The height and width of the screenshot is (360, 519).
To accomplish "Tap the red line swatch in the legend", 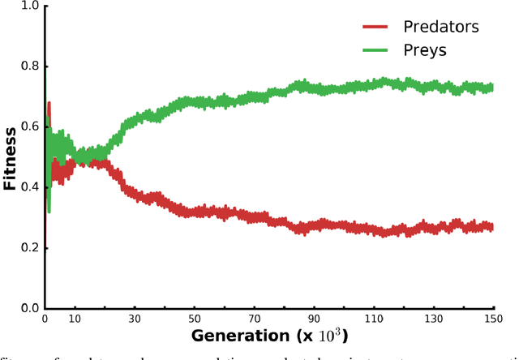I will pyautogui.click(x=378, y=28).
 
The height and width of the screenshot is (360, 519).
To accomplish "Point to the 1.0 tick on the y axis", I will pyautogui.click(x=29, y=6).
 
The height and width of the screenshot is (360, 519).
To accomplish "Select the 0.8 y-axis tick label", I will pyautogui.click(x=29, y=66).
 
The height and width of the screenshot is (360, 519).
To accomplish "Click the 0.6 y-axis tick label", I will pyautogui.click(x=29, y=127).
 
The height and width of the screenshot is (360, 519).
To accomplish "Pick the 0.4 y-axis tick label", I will pyautogui.click(x=29, y=187).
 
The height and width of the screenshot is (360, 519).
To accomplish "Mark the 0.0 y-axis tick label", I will pyautogui.click(x=29, y=308).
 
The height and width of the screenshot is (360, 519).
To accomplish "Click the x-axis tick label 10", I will pyautogui.click(x=75, y=319).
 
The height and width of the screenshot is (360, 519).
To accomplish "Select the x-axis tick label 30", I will pyautogui.click(x=135, y=319).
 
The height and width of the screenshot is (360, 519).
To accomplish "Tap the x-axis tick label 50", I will pyautogui.click(x=195, y=319).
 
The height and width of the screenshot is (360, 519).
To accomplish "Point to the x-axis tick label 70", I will pyautogui.click(x=255, y=319).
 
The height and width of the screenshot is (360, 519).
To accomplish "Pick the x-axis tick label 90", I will pyautogui.click(x=314, y=319).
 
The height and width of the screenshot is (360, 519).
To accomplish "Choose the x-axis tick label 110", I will pyautogui.click(x=374, y=319).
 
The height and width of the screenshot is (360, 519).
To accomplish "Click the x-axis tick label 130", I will pyautogui.click(x=434, y=319).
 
